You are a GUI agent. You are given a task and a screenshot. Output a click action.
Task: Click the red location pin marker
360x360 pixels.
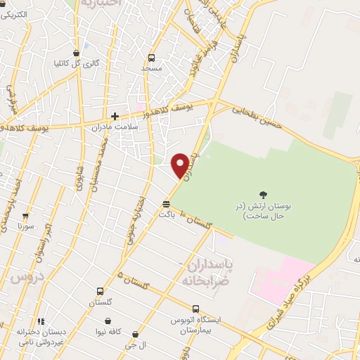[x=181, y=165]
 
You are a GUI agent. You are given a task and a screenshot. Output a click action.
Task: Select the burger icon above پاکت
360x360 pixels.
[x=166, y=205]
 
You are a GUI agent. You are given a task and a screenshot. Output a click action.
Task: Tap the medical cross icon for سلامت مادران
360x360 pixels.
[x=115, y=116]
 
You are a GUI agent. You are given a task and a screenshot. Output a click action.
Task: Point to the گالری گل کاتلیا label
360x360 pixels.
[x=77, y=63]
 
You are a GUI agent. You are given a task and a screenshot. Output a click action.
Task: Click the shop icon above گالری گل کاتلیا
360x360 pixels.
[x=76, y=52]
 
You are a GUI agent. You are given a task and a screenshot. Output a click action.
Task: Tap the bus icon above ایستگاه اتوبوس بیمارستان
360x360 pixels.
[x=195, y=308]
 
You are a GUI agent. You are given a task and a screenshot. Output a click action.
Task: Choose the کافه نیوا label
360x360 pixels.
[x=109, y=330]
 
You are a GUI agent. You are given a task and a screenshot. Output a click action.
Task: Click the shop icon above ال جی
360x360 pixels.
[x=135, y=335]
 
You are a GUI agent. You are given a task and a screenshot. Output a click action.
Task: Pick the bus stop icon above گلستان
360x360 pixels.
[x=101, y=291]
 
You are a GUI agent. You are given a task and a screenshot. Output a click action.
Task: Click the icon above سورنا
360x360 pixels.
[x=26, y=216]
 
